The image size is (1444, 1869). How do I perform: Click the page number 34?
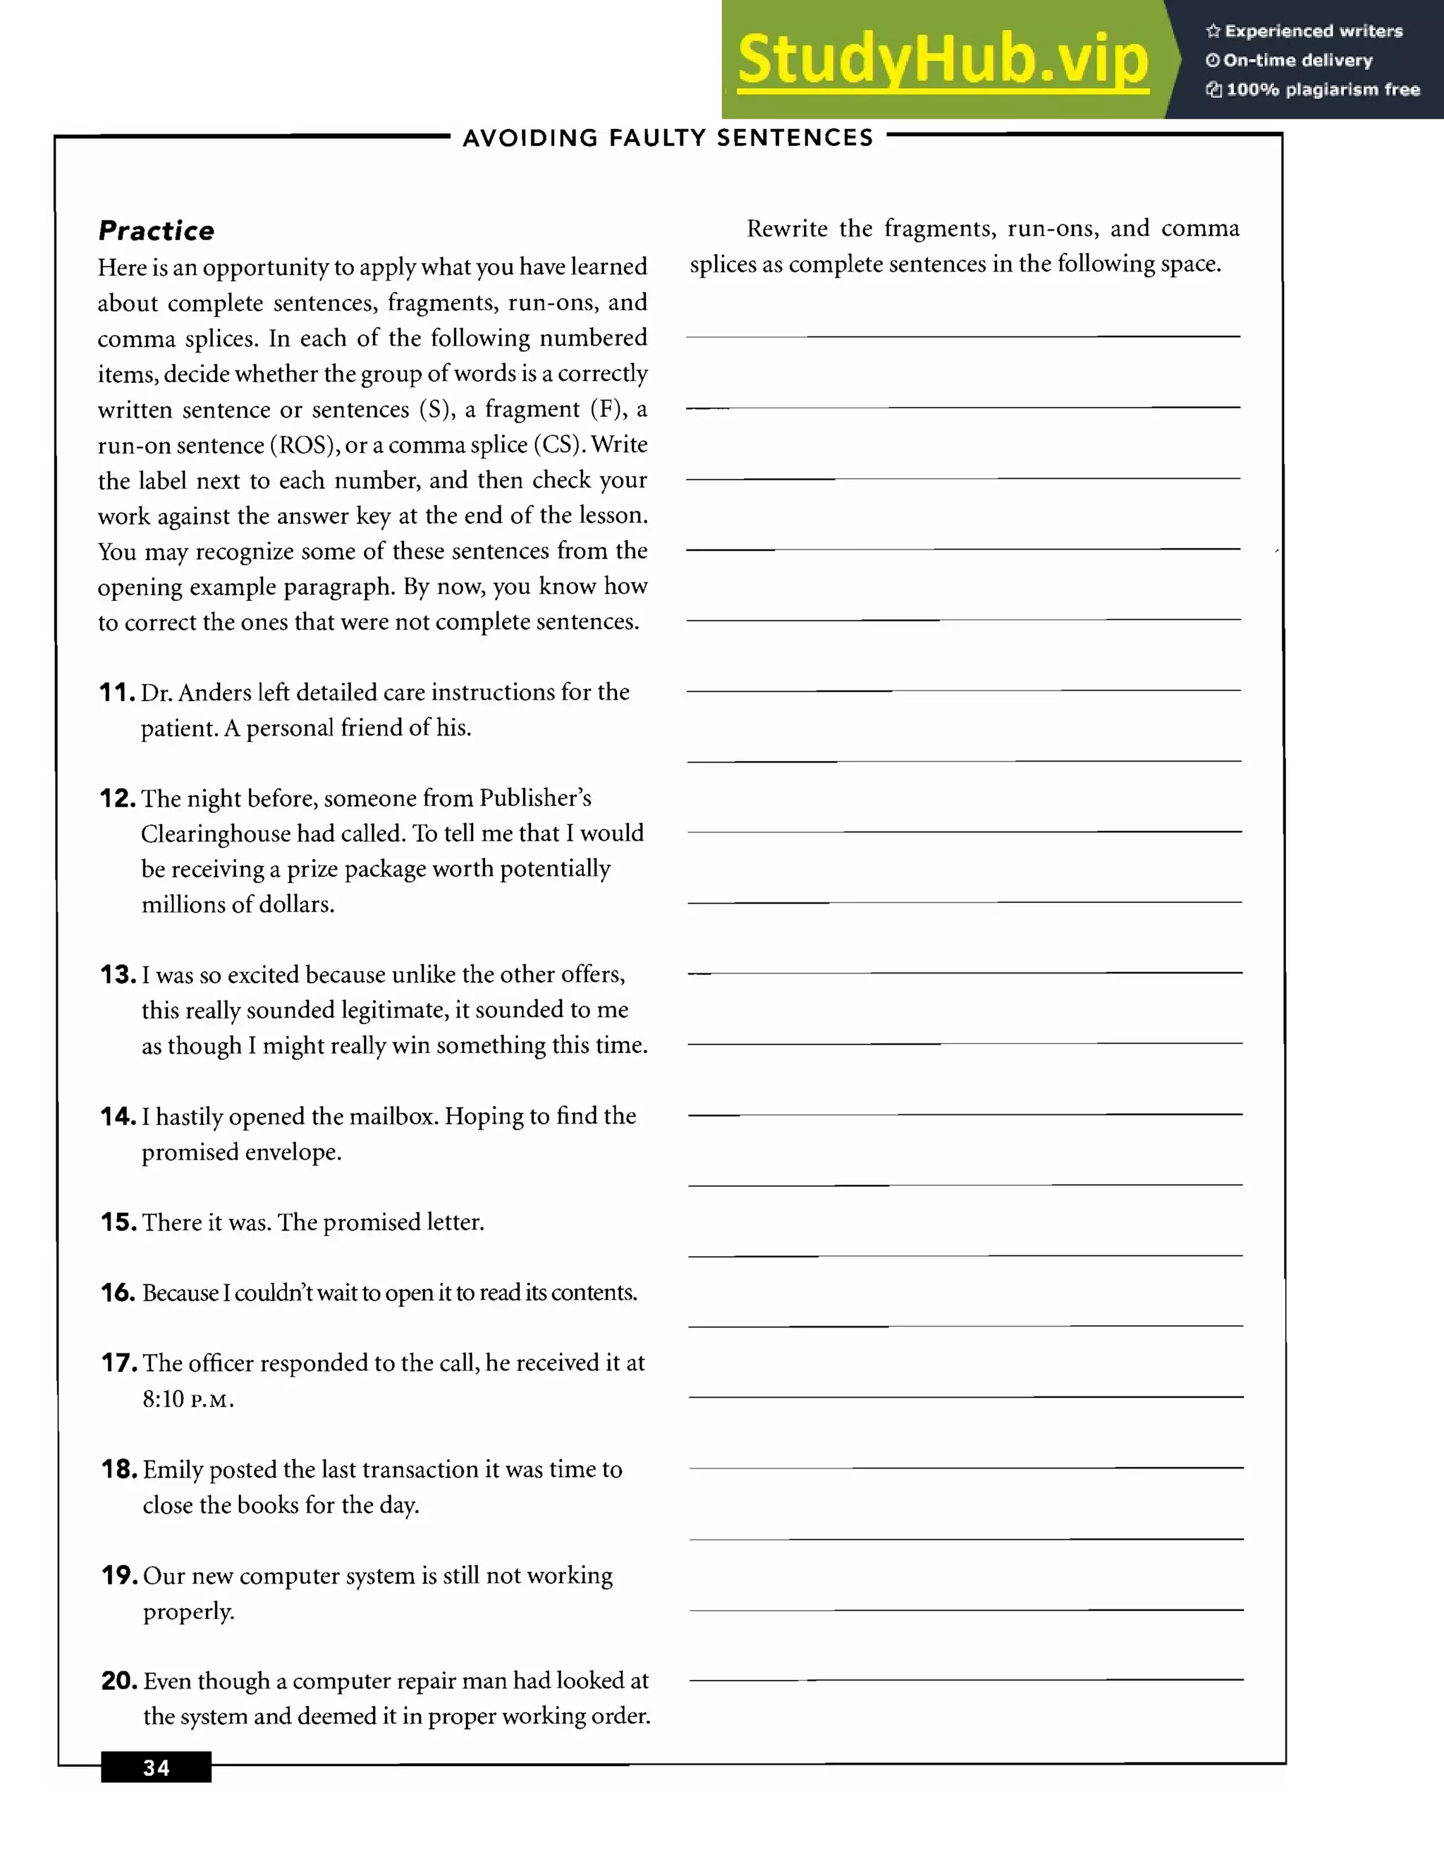point(156,1767)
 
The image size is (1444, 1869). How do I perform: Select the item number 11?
point(117,693)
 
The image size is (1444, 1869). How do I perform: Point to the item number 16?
point(118,1292)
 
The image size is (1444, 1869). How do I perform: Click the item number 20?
point(119,1681)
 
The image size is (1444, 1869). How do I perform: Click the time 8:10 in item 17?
point(163,1399)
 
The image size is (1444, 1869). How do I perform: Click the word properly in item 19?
point(188,1612)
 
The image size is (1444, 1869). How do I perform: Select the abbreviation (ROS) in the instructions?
point(305,445)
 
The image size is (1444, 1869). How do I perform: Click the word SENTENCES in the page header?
point(795,138)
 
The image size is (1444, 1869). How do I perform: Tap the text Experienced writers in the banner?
point(1313,32)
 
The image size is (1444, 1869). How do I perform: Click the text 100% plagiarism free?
point(1322,90)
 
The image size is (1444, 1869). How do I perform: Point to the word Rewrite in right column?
point(786,229)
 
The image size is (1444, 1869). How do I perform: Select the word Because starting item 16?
point(180,1292)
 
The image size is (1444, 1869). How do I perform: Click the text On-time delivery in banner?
point(1297,61)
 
